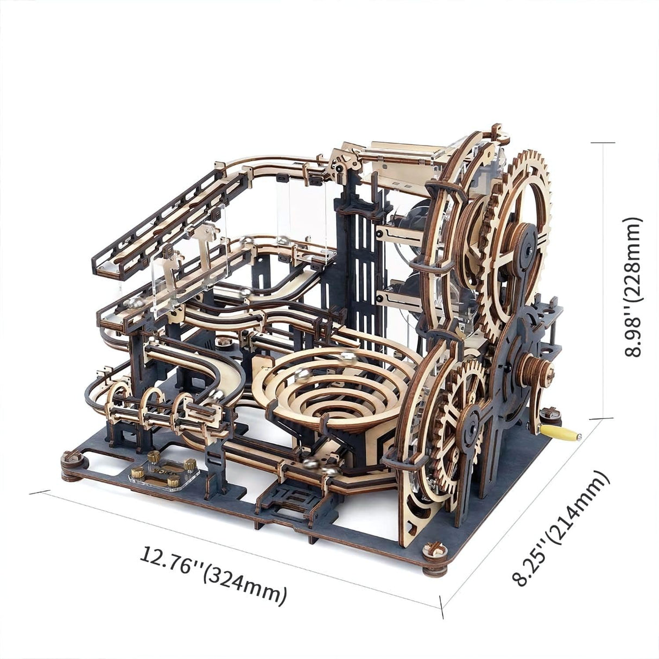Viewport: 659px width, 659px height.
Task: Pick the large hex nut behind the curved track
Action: tap(222, 341)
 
